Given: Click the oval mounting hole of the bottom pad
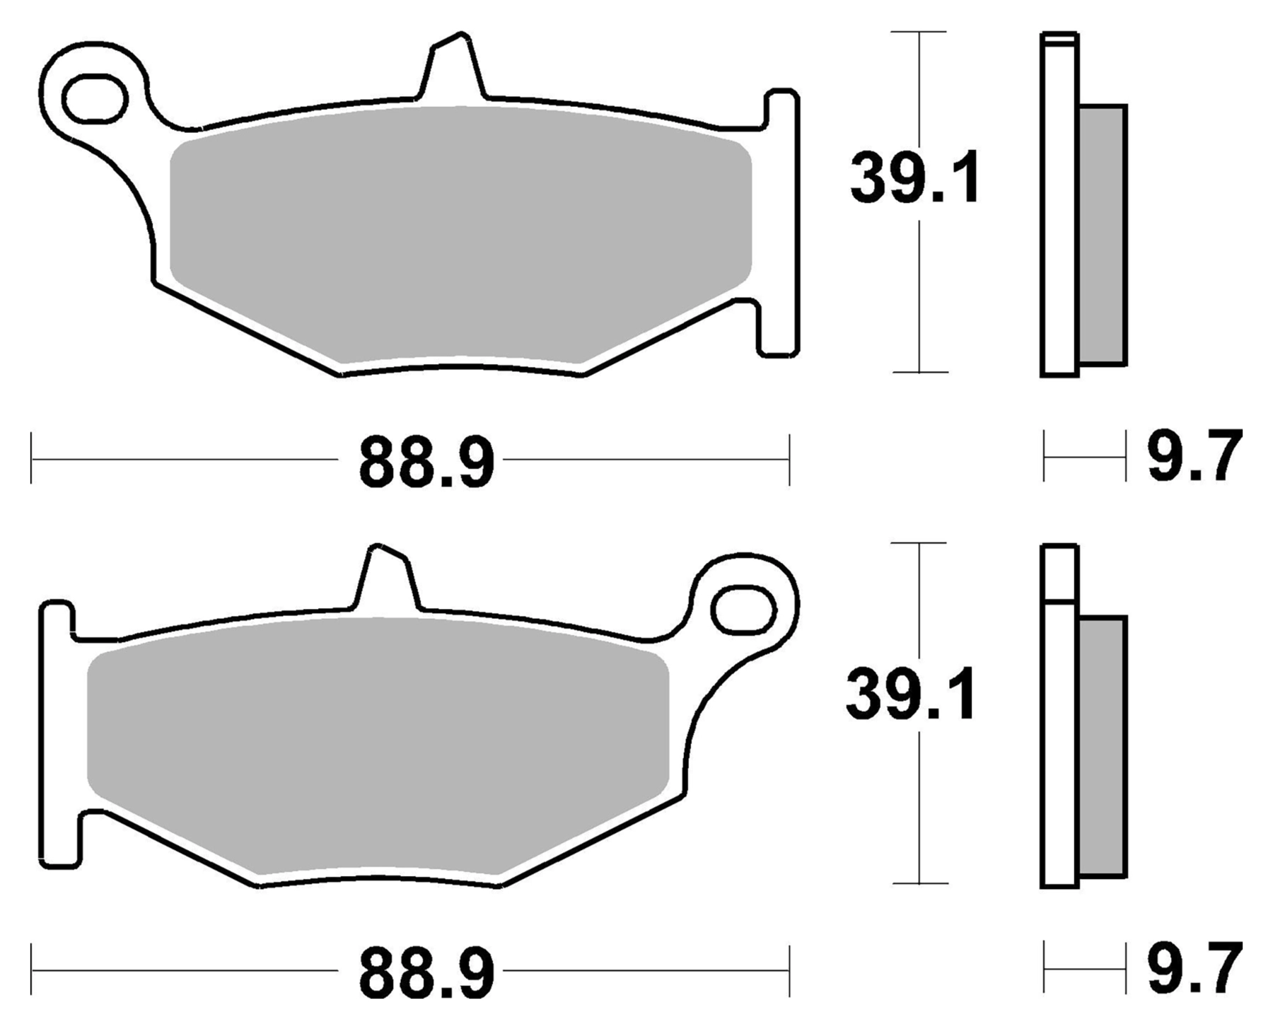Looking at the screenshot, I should click(x=743, y=609).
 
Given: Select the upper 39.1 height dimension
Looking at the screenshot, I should click(x=914, y=178).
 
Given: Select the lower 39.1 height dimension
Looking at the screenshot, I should click(x=911, y=693).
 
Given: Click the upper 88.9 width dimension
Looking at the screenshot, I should click(x=426, y=463).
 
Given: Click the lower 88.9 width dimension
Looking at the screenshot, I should click(x=426, y=975).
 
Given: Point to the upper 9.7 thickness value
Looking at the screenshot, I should click(x=1193, y=457).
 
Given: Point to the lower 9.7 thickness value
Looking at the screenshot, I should click(x=1193, y=968).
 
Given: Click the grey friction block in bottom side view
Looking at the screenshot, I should click(x=1102, y=746).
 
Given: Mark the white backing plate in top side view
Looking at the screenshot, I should click(x=1059, y=212).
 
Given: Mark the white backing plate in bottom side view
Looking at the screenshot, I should click(x=1059, y=743).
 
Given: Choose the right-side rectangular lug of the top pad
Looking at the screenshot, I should click(x=781, y=223).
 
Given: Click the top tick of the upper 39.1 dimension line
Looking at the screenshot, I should click(x=919, y=32).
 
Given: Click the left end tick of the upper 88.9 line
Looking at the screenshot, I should click(x=32, y=460).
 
